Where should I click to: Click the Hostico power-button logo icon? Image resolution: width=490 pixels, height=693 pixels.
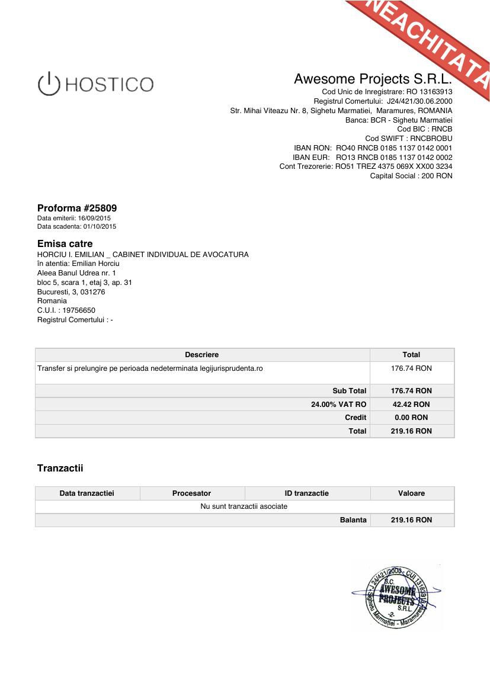[49, 84]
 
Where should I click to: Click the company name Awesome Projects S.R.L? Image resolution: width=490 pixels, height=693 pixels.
[373, 79]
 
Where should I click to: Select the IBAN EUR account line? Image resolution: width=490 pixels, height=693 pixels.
[372, 158]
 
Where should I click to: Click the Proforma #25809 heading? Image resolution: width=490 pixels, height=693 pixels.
[77, 208]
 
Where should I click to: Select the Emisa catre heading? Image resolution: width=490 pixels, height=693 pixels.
[65, 243]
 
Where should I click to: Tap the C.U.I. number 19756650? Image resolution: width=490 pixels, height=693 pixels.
[79, 310]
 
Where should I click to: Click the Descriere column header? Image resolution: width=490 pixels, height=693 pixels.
[201, 355]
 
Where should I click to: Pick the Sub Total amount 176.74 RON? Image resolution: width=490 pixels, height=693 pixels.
[411, 391]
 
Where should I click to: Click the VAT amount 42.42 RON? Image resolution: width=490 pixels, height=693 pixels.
[411, 405]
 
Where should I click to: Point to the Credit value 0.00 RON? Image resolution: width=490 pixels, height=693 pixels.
[411, 418]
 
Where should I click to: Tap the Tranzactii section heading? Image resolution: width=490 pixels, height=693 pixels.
[60, 468]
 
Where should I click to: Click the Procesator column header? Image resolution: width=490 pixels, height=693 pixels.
[191, 493]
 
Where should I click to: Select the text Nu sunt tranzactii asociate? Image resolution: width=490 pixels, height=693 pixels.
[244, 506]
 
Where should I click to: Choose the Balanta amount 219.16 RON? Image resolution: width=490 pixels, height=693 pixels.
[411, 520]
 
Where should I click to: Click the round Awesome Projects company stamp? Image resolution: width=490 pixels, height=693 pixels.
[396, 597]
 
